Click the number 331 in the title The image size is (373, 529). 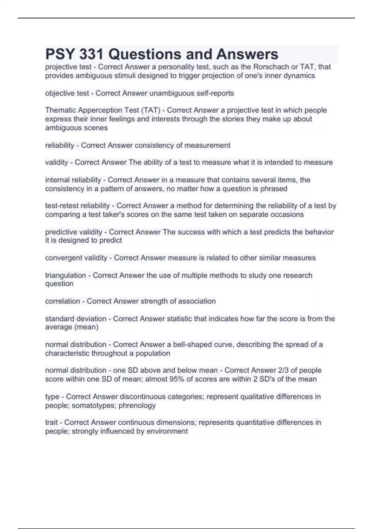click(x=91, y=54)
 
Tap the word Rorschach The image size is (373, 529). click(x=271, y=67)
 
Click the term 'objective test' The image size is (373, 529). click(x=67, y=93)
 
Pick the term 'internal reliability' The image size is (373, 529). click(x=73, y=180)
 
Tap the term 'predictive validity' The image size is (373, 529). click(x=74, y=232)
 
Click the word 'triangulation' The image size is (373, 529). click(x=65, y=275)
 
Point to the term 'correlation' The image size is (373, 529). click(x=62, y=301)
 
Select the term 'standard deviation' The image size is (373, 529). click(x=76, y=319)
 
